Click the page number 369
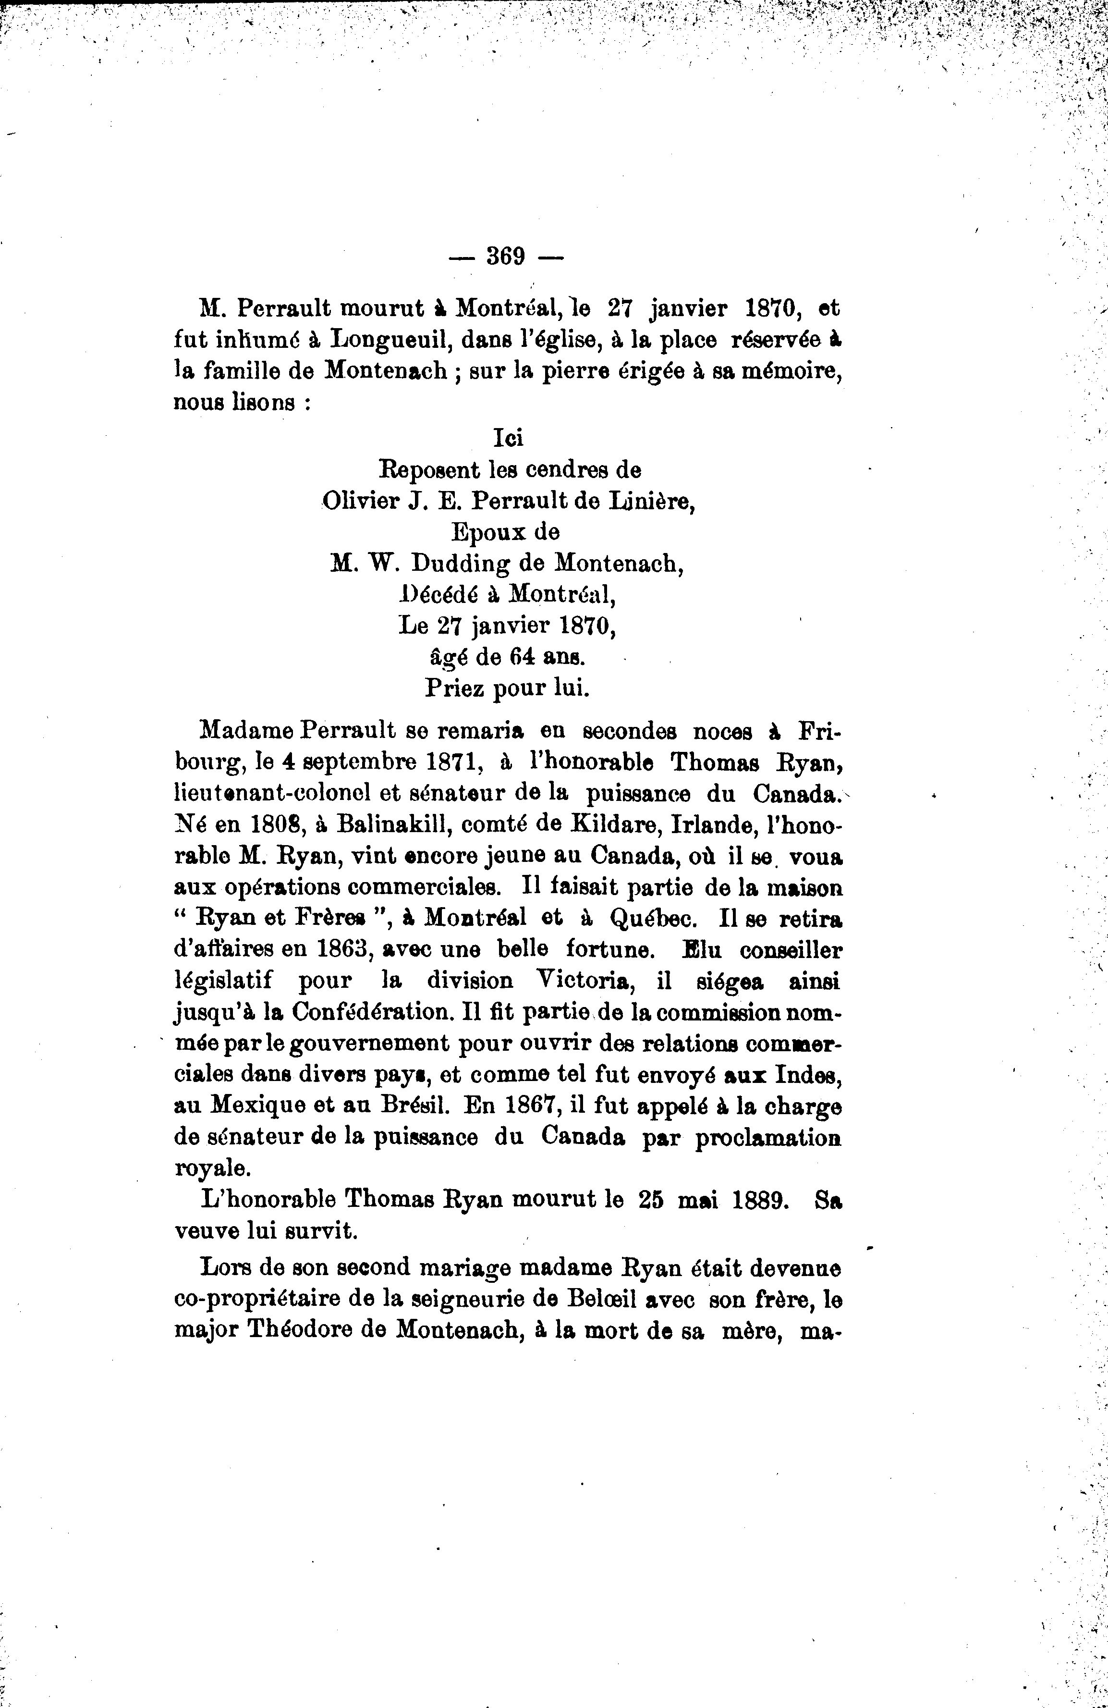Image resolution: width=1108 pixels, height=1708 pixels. tap(506, 256)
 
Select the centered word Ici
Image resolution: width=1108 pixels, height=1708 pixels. tap(508, 439)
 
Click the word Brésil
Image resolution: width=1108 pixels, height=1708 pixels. tap(411, 1106)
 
